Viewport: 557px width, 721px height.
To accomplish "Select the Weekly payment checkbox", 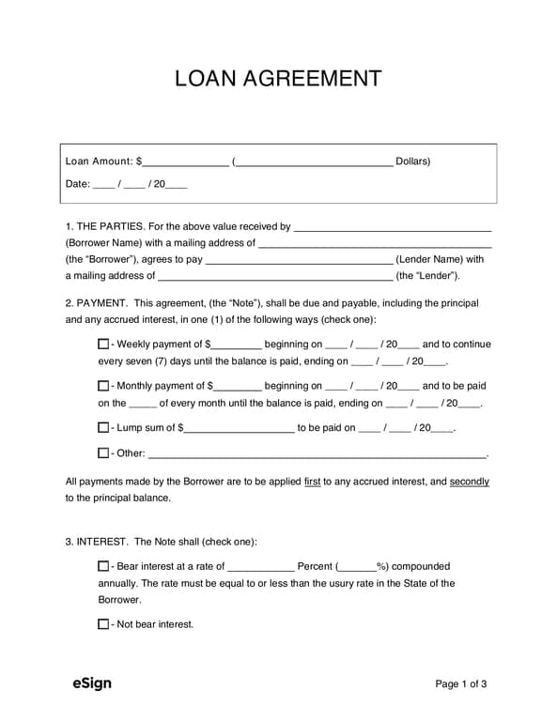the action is point(103,345).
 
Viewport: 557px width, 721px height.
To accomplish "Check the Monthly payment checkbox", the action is point(103,386).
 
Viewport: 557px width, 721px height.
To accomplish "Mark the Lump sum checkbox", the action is point(103,427).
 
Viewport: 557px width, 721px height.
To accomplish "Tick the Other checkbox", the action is point(103,453).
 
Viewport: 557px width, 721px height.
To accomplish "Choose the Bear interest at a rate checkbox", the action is point(103,566).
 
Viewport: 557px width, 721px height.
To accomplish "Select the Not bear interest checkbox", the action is point(103,624).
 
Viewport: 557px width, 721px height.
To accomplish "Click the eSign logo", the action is point(91,683).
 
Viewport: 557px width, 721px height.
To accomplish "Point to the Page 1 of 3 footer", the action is point(460,684).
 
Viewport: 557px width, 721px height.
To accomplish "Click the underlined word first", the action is point(313,482).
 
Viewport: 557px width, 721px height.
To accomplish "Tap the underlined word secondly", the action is point(469,482).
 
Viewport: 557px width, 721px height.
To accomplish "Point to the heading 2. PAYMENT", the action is point(97,303).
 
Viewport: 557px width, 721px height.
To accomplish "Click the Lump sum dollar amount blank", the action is point(240,428).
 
